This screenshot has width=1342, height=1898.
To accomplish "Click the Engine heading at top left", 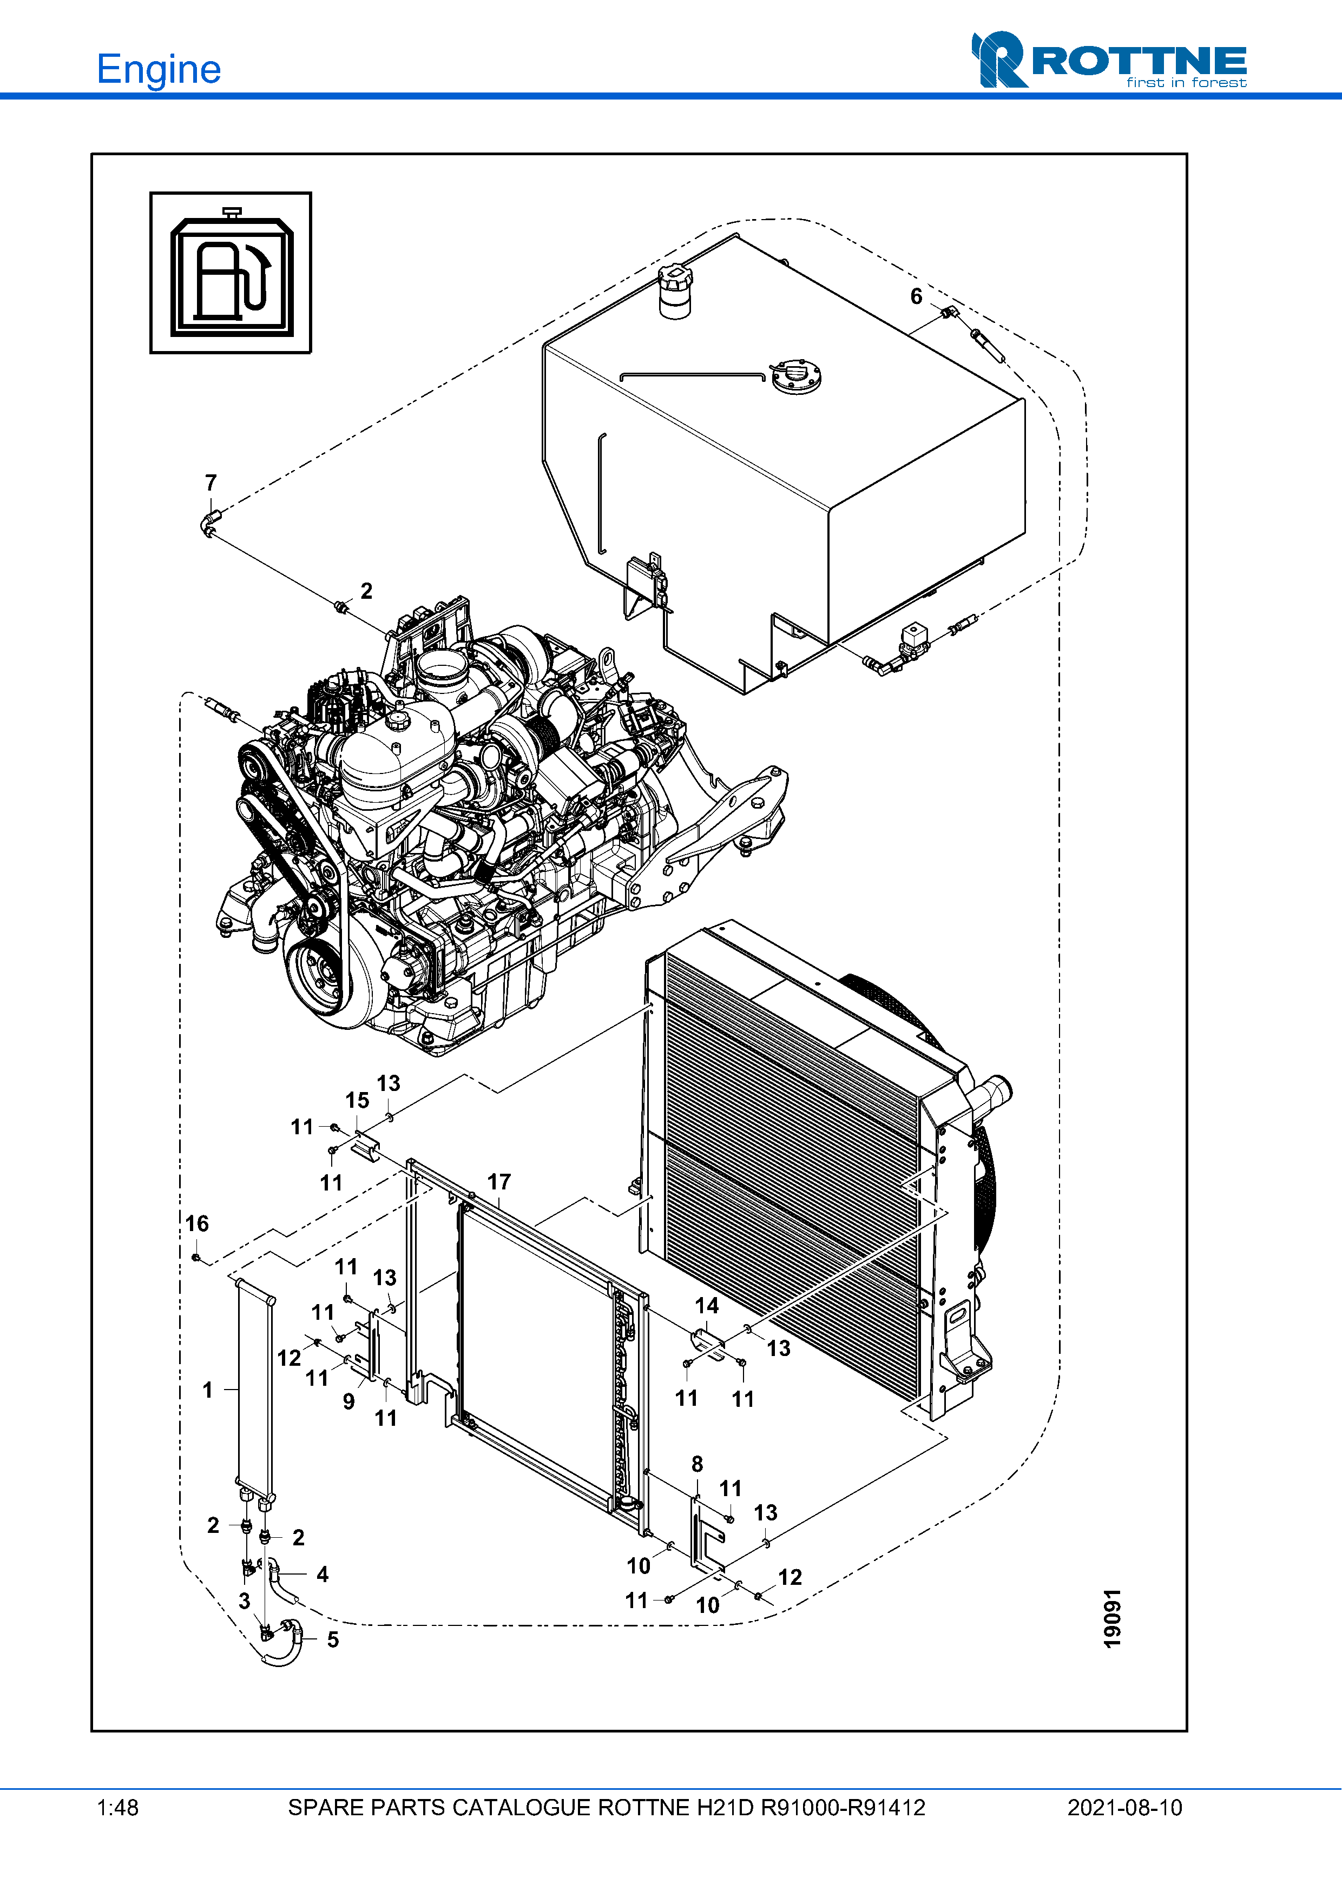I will click(x=159, y=69).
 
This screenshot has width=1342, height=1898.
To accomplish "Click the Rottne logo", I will click(x=1109, y=61).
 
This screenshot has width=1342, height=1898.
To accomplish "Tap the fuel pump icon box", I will click(x=231, y=273).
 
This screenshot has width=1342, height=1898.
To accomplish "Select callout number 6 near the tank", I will click(x=916, y=296).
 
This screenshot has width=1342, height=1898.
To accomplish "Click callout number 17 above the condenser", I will click(x=498, y=1182).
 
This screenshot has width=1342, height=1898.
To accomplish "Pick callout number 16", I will click(x=197, y=1224).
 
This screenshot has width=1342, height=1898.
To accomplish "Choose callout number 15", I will click(x=357, y=1100).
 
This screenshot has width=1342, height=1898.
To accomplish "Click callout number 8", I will click(x=697, y=1464).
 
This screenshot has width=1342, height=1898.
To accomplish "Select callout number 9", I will click(x=349, y=1401).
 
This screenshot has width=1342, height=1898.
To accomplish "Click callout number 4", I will click(x=323, y=1574).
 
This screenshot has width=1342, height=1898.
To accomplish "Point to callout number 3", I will click(x=244, y=1601).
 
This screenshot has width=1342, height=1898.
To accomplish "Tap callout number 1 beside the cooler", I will click(x=208, y=1390).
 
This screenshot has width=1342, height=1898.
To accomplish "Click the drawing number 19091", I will click(x=1113, y=1618).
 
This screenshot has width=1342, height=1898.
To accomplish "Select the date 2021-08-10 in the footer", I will click(x=1124, y=1808).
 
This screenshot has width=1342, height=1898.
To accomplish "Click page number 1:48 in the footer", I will click(x=117, y=1808).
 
